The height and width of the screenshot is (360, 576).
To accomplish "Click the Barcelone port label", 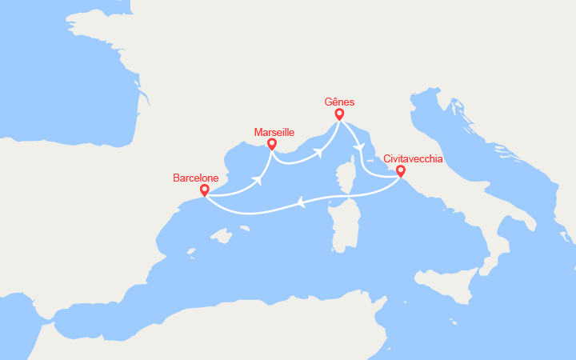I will [x=197, y=178].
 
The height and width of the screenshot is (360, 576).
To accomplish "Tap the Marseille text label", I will [x=274, y=131].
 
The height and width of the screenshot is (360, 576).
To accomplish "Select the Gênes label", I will [x=340, y=102].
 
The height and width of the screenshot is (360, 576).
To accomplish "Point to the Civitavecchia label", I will [x=413, y=158].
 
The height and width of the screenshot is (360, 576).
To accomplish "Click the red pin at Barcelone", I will [x=204, y=190].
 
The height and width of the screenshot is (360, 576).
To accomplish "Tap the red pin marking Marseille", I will [x=272, y=145].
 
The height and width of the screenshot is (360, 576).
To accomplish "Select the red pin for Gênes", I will [x=339, y=114].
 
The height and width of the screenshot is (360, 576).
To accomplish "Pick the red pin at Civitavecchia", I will [x=400, y=170].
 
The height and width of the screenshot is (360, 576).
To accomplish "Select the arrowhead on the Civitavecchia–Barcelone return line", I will [x=302, y=203].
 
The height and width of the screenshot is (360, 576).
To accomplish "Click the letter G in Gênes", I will [x=330, y=102].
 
